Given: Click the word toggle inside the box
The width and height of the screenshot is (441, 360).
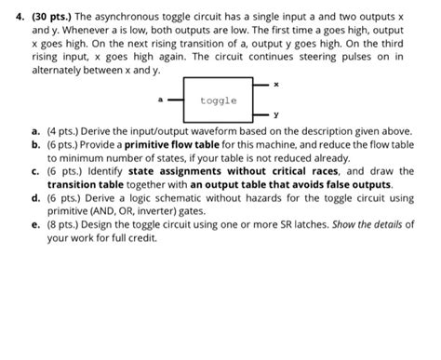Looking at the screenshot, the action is pos(218,100).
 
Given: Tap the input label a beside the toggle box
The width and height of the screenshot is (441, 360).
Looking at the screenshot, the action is pos(160,99).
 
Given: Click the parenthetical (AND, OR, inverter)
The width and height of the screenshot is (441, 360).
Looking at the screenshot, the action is pos(134,212).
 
